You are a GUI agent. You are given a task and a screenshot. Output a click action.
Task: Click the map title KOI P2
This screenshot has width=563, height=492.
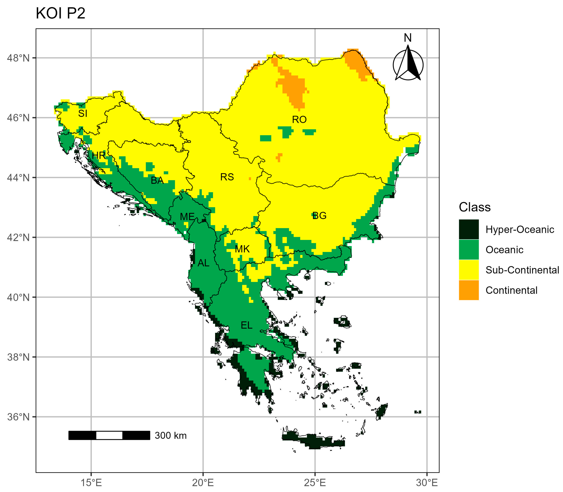coord(60,13)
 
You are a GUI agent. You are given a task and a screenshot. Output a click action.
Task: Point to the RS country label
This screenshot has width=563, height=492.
coord(227,177)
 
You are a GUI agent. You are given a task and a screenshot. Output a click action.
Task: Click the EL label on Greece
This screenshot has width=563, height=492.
coord(246,325)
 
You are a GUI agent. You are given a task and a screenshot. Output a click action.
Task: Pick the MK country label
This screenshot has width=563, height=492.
coord(242,249)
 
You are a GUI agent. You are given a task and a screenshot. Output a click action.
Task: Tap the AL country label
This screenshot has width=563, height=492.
coord(203,263)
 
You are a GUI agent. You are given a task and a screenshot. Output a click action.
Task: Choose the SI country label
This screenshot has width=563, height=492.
coord(83,113)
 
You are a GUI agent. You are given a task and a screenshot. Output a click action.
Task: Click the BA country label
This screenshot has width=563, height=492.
coord(157,180)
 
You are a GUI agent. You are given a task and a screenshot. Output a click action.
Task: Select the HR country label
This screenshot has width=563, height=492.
coord(99,155)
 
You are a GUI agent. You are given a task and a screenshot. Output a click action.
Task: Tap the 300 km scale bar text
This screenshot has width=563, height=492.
coord(171,435)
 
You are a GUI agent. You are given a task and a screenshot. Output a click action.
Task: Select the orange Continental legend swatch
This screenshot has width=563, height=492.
coord(469,290)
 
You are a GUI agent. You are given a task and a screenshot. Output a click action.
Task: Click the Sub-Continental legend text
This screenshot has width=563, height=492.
coord(522,270)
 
